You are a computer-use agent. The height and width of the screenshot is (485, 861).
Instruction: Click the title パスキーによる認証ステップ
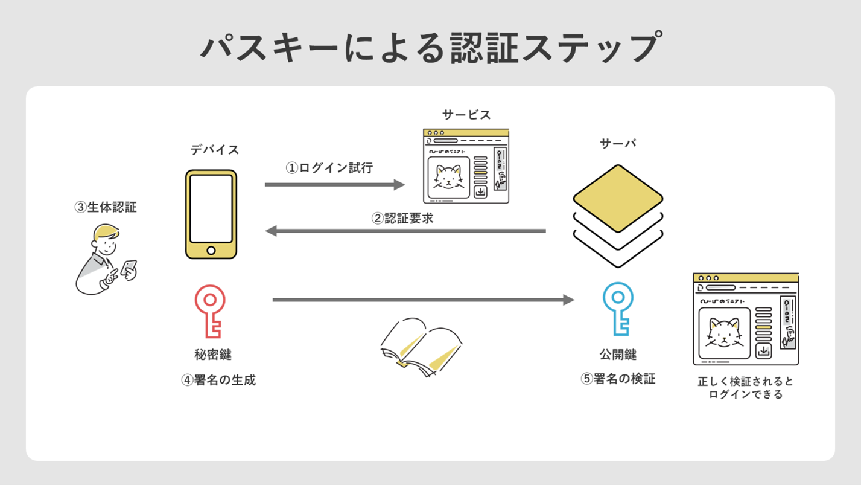click(430, 48)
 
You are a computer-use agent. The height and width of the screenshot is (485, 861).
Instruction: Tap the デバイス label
click(215, 150)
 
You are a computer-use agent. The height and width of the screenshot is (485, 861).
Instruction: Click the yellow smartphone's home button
click(211, 251)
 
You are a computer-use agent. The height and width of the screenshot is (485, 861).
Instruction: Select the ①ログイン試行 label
click(329, 168)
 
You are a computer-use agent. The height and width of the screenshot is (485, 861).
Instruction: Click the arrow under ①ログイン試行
click(335, 184)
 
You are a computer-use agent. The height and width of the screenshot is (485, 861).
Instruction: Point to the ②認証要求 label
click(402, 218)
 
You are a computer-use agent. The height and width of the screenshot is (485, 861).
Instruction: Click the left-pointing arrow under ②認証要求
click(405, 231)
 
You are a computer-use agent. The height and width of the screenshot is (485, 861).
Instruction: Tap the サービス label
click(466, 115)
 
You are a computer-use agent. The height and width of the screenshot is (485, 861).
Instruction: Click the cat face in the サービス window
click(448, 177)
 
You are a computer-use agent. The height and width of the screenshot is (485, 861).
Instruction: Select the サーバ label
click(618, 143)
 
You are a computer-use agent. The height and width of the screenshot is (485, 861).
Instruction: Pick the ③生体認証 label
click(106, 207)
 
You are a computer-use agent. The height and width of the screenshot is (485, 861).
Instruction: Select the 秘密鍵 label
click(213, 355)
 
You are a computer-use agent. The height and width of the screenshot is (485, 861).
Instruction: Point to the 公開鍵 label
click(618, 355)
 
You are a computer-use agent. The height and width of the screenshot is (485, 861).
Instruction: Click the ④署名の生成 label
click(218, 380)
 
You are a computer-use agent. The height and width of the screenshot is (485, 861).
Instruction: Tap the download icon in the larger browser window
click(764, 351)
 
